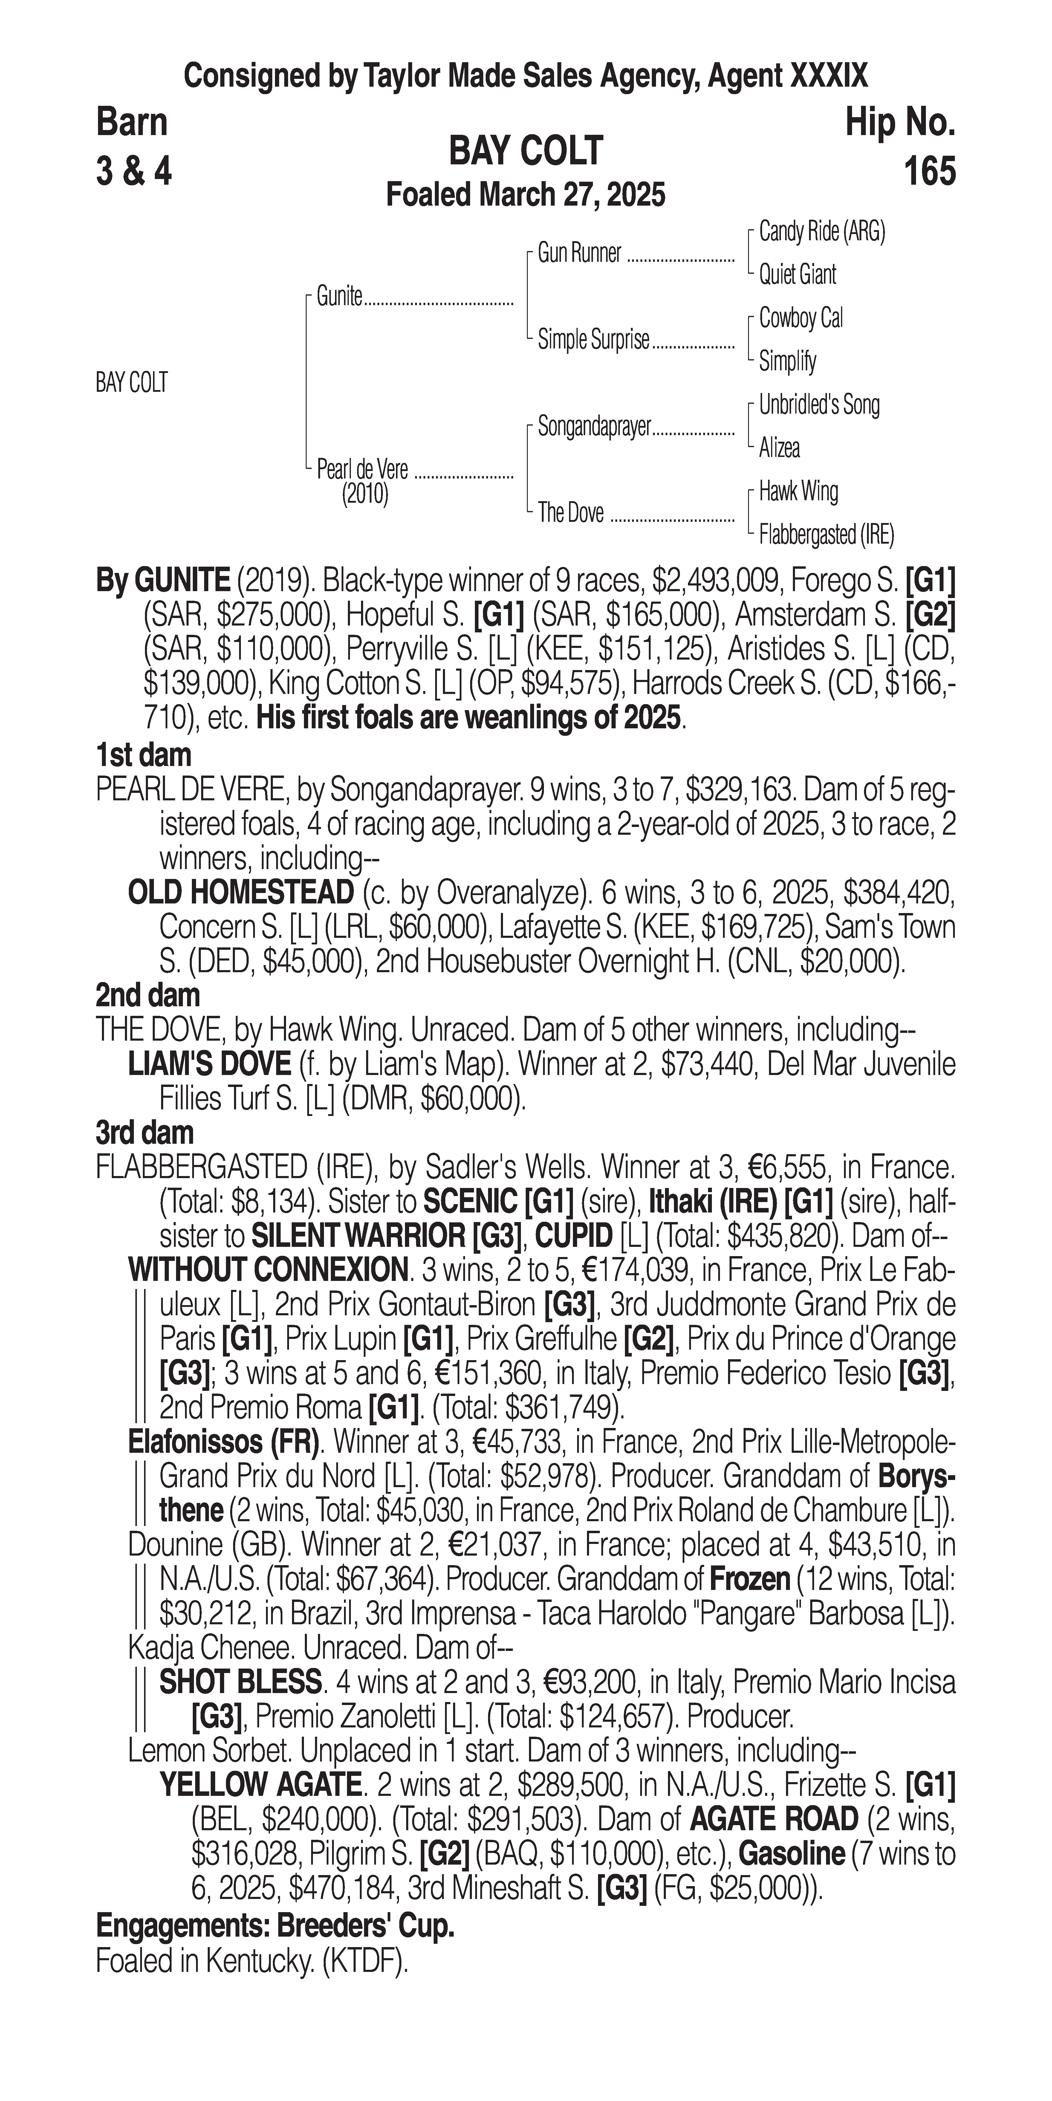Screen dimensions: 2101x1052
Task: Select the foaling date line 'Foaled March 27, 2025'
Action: coord(526,195)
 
